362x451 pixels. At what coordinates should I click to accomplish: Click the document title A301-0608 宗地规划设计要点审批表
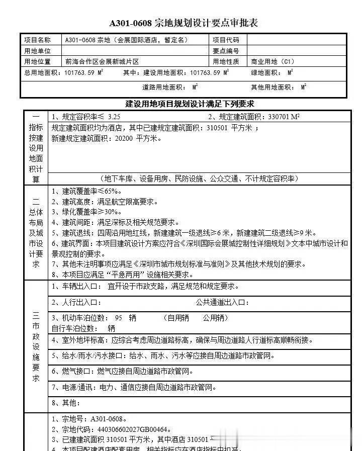[x=184, y=24]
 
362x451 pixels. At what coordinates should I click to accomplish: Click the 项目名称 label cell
[x=37, y=40]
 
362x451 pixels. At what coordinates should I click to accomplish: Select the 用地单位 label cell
[x=37, y=51]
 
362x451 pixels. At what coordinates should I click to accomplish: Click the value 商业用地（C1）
[x=273, y=62]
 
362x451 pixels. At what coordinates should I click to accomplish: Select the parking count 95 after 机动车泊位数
[x=119, y=318]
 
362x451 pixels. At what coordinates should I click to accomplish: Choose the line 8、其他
[x=66, y=403]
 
